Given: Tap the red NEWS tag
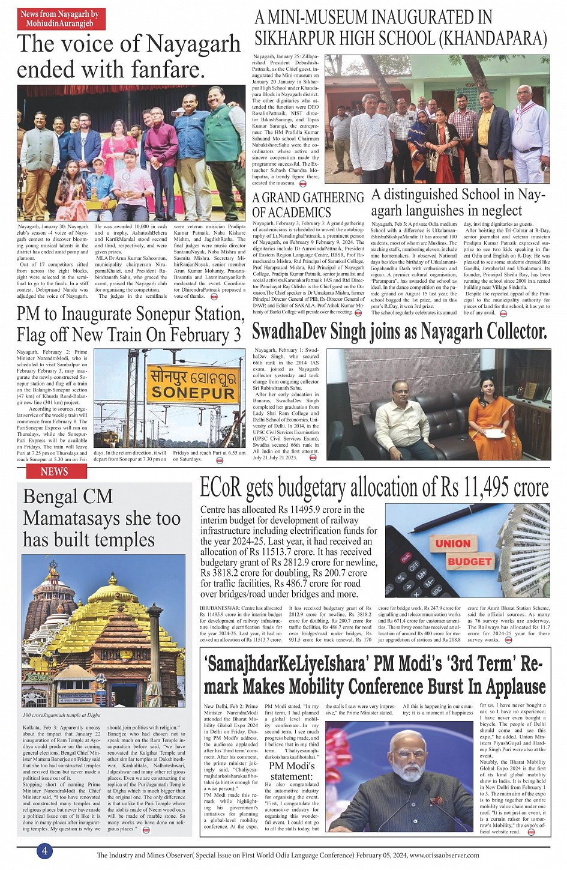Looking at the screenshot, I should (54, 472).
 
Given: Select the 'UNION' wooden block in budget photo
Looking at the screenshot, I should (452, 543).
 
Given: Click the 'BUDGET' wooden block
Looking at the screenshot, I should (469, 562).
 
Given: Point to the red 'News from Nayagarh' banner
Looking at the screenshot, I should (60, 19).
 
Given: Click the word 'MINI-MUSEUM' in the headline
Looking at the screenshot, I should (321, 17).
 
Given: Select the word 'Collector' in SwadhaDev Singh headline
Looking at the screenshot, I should (509, 331).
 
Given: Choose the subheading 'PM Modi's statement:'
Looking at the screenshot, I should (291, 771).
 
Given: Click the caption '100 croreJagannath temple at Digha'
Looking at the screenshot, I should (62, 715).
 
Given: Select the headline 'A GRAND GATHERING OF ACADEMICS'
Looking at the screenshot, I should (308, 205).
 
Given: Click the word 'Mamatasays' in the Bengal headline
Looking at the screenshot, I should (101, 518).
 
